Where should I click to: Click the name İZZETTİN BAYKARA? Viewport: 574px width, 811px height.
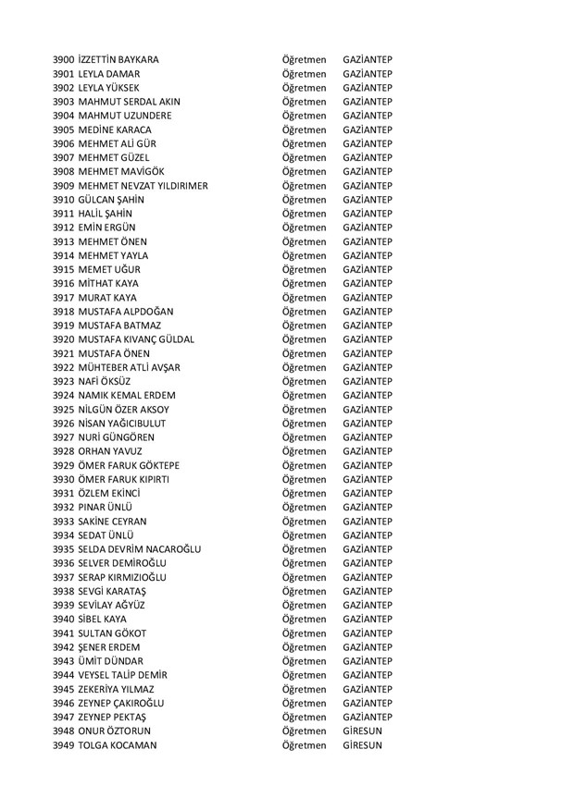point(119,60)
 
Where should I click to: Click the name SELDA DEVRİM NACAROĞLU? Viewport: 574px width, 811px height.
point(139,549)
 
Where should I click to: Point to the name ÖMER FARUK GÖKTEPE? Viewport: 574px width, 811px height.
point(130,465)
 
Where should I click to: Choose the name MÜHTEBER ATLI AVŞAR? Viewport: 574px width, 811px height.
point(130,367)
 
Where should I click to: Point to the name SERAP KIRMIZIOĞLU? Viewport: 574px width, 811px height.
point(125,577)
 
